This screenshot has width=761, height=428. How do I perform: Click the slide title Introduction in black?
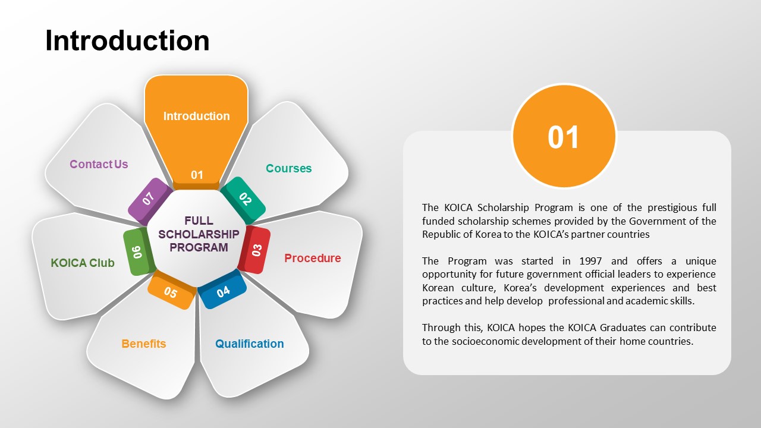(127, 41)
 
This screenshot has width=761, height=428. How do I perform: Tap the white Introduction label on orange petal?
(196, 116)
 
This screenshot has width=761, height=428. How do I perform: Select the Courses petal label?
(288, 168)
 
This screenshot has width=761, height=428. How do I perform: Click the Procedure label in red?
(313, 258)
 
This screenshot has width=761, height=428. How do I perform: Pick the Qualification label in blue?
(249, 344)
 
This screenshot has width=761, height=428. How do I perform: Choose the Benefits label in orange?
(144, 344)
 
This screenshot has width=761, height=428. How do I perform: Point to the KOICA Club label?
(83, 263)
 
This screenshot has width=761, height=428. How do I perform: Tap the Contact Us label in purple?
(99, 164)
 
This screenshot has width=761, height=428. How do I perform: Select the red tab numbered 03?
(255, 250)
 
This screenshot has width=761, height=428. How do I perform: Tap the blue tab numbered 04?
(222, 289)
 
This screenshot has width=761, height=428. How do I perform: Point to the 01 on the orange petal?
(197, 175)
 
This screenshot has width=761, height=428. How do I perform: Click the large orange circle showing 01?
(564, 136)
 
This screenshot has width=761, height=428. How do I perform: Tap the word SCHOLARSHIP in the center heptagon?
(199, 234)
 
